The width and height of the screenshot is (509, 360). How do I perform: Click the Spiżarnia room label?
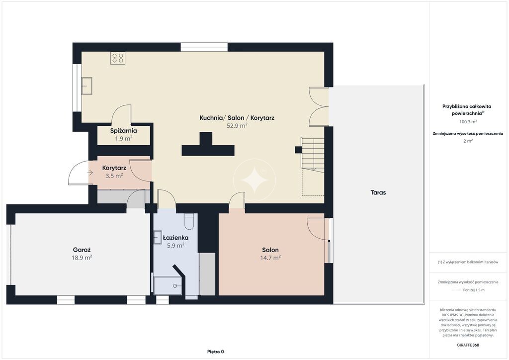(123, 131)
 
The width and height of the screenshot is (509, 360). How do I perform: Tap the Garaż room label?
(82, 250)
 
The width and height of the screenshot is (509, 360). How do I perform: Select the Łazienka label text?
(175, 238)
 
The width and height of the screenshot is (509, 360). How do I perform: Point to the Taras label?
(378, 192)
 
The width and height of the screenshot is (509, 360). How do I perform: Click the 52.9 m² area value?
(237, 126)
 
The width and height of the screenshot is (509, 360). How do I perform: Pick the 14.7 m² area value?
(270, 258)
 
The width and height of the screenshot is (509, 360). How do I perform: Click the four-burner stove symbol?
(118, 58)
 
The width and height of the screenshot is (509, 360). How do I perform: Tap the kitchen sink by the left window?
(86, 86)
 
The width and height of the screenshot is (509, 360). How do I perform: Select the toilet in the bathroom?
(189, 221)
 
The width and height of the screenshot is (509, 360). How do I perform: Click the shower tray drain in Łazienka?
(175, 286)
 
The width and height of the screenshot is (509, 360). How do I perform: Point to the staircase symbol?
(313, 154)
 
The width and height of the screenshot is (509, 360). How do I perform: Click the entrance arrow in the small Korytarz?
(90, 173)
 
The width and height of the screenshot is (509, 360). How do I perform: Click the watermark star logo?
(254, 180)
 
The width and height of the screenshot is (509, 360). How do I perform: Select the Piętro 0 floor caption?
(216, 352)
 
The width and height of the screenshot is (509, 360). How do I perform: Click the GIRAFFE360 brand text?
(468, 345)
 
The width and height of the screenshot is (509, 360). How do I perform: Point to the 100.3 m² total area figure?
(468, 122)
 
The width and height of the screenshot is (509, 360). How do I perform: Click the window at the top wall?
(204, 47)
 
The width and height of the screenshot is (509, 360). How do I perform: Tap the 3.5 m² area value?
(114, 176)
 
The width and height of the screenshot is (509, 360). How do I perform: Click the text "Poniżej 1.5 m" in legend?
(474, 290)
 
